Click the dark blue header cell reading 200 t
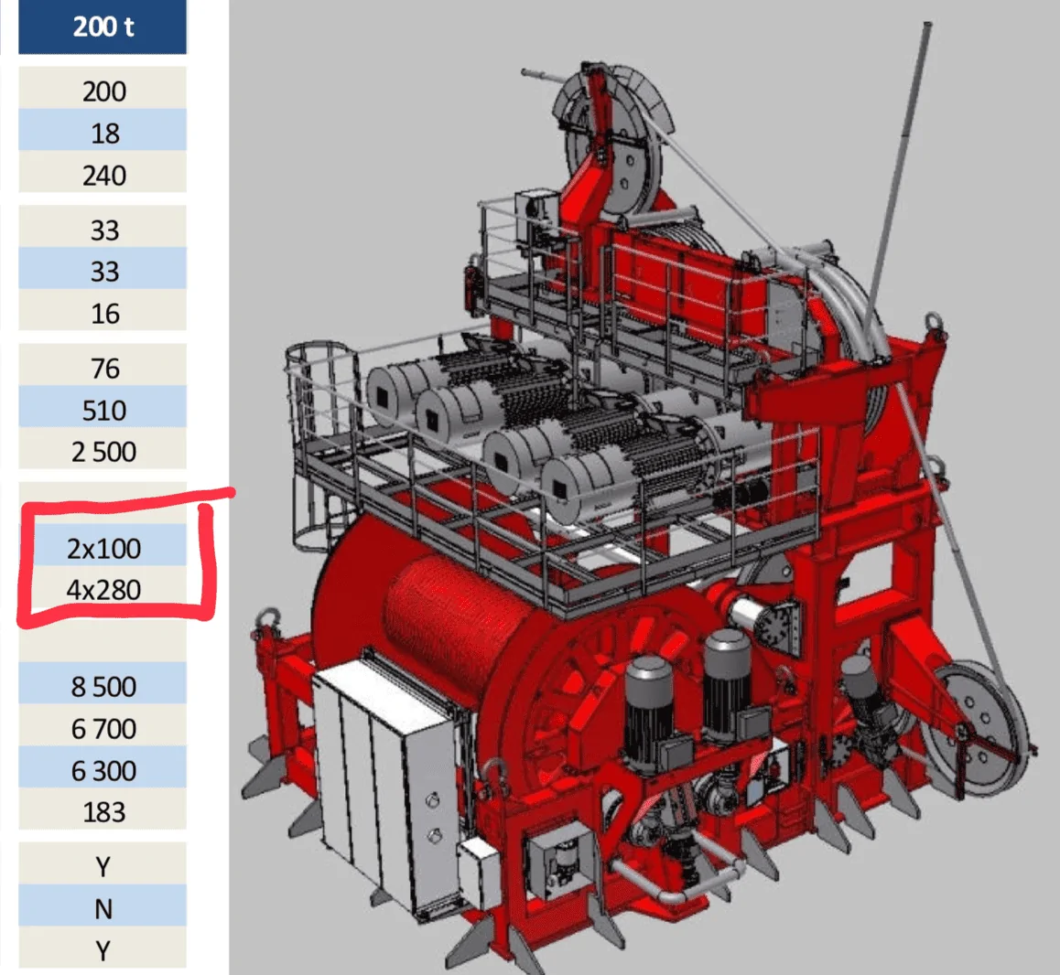[103, 27]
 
